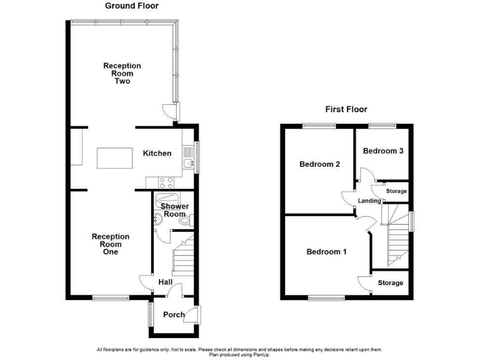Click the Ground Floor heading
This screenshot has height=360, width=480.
pos(131,6)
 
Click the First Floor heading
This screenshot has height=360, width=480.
pos(346,109)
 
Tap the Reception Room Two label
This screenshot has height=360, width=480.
pos(122,73)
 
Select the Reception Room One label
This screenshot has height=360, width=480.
pos(111,244)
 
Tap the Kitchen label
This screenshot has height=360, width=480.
pos(157,154)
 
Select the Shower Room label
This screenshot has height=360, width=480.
pos(174,210)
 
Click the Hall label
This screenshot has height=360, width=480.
pos(165,282)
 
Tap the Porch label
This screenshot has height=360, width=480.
pos(174,314)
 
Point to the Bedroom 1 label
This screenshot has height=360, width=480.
pos(326,252)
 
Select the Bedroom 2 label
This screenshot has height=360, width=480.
pos(319,164)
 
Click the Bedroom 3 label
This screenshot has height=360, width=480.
pos(383,151)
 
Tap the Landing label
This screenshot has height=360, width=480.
pos(369,201)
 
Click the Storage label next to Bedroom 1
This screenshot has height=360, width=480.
pos(390,283)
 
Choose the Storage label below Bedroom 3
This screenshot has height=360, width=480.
pos(396,191)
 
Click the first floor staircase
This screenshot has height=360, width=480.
pos(396,241)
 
